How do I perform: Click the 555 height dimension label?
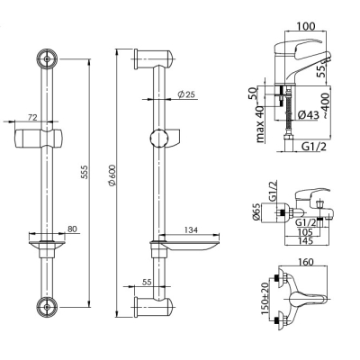[85, 172]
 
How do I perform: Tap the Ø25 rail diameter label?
[186, 94]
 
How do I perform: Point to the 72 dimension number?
[31, 118]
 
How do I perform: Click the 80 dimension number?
[71, 229]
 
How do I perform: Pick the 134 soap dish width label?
[190, 229]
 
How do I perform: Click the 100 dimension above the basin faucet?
[306, 26]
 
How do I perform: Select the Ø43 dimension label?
[309, 114]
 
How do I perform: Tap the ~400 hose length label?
[326, 105]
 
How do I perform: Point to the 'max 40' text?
[260, 124]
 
